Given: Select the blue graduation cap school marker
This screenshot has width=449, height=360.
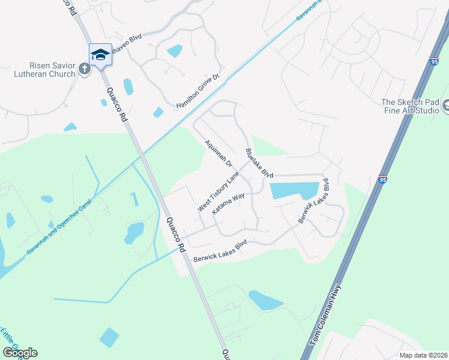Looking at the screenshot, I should pyautogui.click(x=100, y=55).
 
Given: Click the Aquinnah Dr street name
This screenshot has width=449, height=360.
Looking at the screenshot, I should pyautogui.click(x=218, y=153).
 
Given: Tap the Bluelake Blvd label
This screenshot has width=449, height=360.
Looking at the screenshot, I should pyautogui.click(x=259, y=163).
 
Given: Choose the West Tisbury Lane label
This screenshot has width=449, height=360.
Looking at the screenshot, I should pyautogui.click(x=218, y=191).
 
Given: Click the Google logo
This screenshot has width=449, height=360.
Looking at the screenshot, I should pyautogui.click(x=20, y=353).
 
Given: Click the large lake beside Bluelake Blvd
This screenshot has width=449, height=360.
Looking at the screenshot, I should pyautogui.click(x=294, y=191).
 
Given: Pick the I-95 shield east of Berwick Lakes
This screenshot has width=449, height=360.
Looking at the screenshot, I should pyautogui.click(x=383, y=179).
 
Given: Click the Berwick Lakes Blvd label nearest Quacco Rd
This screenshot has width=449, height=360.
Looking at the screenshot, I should pyautogui.click(x=220, y=251).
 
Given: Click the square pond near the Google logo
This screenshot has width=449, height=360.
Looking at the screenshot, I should pyautogui.click(x=109, y=337).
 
